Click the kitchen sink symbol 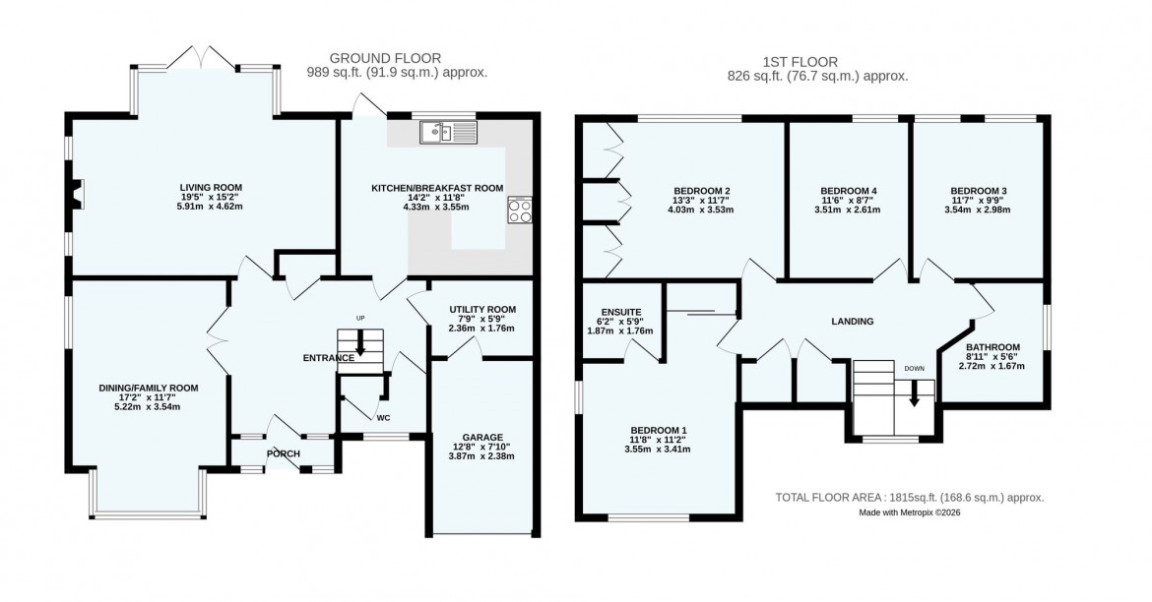click(446, 132)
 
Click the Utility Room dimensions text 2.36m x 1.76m click(481, 329)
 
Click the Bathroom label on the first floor click(992, 346)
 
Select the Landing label click(853, 321)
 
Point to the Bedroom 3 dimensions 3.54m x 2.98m click(979, 210)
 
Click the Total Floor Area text click(910, 498)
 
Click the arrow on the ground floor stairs click(360, 345)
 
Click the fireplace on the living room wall click(78, 194)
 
